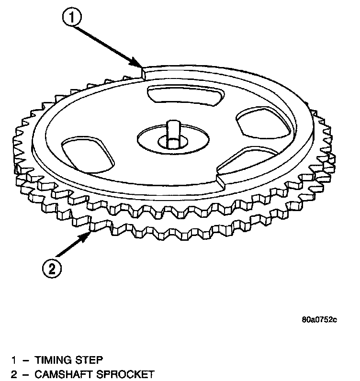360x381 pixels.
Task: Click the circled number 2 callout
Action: point(52,268)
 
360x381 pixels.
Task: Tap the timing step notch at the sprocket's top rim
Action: point(143,72)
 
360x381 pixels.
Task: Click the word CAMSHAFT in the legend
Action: point(62,373)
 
